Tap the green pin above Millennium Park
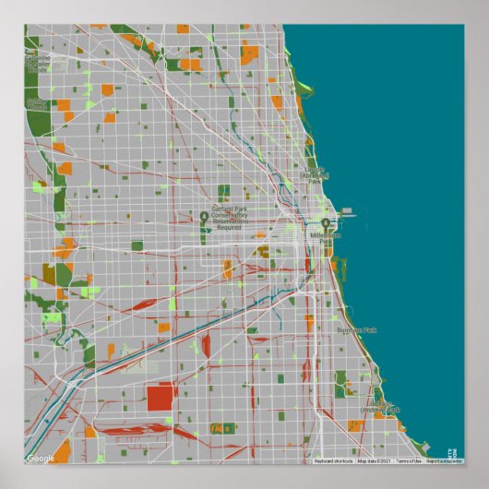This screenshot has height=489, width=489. [x=326, y=224]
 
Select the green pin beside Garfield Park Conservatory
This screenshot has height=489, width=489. [x=205, y=218]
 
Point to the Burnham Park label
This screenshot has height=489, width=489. [x=357, y=329]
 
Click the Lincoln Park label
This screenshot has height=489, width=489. [x=316, y=175]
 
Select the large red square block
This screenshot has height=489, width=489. [x=160, y=398]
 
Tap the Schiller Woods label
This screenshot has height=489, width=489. [x=37, y=103]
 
